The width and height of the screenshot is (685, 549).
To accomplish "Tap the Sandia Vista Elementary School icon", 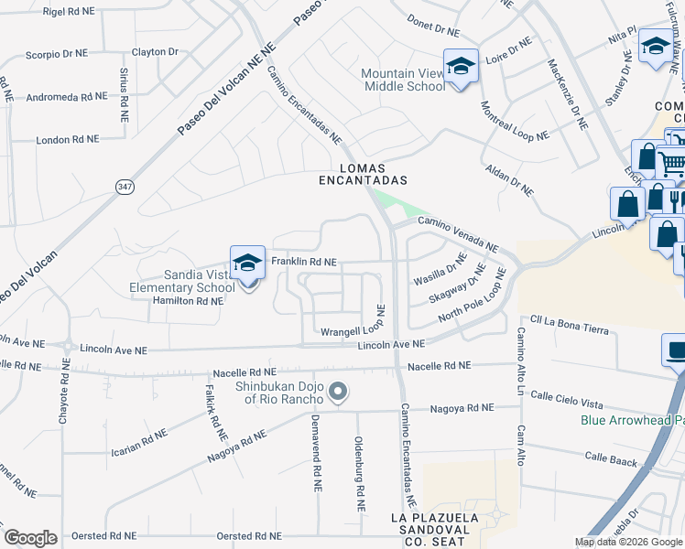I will click(x=247, y=264).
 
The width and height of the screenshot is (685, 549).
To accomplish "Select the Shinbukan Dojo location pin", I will click(x=338, y=393).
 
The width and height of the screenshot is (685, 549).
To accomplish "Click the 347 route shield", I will click(x=125, y=186).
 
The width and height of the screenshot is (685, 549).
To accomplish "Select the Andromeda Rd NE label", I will click(x=66, y=96).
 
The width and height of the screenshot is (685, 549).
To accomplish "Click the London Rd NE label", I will click(x=66, y=140).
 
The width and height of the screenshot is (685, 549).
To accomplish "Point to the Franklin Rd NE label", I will click(x=304, y=263).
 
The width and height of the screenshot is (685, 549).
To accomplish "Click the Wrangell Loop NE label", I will click(x=351, y=330).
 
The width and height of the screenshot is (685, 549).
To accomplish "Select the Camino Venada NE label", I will click(x=458, y=234).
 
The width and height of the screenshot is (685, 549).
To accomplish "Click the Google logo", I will click(x=30, y=538).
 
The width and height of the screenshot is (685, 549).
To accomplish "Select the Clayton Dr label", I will click(x=154, y=52).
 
